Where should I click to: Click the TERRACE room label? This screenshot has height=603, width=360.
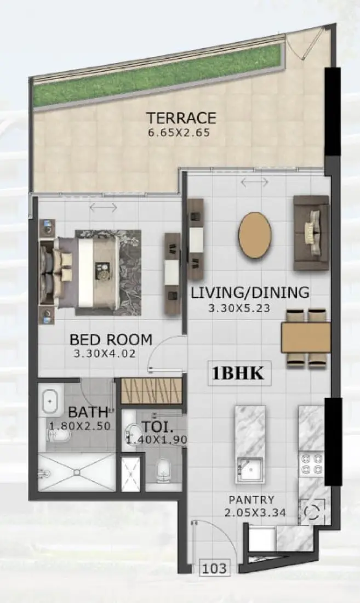(x=181, y=118)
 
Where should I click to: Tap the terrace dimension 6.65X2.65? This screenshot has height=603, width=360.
(x=179, y=132)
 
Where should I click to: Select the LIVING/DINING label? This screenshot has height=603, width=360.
(x=250, y=293)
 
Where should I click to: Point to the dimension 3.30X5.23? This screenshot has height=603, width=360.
(x=239, y=308)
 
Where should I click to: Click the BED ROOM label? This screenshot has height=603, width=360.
(x=111, y=339)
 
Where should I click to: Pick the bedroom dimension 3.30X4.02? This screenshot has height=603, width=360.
(x=105, y=354)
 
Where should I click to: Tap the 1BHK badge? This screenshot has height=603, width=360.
(x=239, y=374)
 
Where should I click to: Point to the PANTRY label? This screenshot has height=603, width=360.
(x=252, y=500)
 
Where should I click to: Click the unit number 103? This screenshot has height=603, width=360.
(x=214, y=568)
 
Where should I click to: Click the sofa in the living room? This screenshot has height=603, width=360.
(x=311, y=232)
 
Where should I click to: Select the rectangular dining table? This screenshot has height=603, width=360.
(x=305, y=338)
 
